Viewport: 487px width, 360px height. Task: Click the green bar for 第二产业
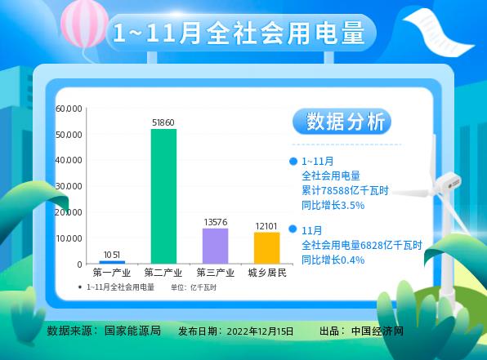click(x=163, y=196)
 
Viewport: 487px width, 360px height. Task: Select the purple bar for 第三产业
click(x=215, y=246)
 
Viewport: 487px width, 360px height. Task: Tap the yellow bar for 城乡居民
click(x=266, y=247)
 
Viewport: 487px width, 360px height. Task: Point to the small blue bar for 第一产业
click(x=112, y=262)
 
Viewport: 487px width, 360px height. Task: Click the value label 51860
click(x=163, y=122)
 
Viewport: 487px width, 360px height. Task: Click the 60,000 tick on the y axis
click(x=69, y=109)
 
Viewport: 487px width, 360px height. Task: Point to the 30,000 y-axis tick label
click(x=69, y=186)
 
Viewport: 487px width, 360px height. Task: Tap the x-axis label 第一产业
click(x=112, y=273)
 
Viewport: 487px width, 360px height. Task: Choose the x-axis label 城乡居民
click(x=266, y=273)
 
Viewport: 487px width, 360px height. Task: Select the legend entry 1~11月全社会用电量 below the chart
click(x=120, y=287)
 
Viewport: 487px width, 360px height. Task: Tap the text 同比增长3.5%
click(x=333, y=205)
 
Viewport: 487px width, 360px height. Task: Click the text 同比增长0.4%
click(x=333, y=259)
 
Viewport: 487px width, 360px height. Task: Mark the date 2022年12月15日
click(x=258, y=331)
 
